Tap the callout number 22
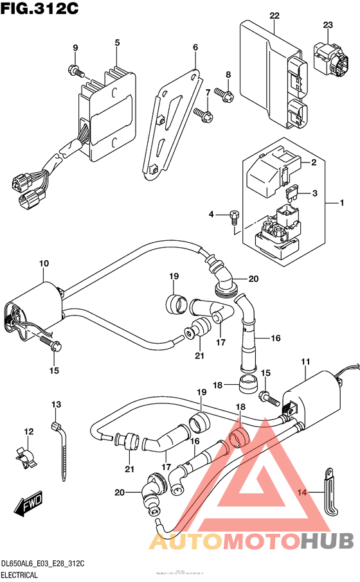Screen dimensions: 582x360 [274, 15]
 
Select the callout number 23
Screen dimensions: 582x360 [328, 25]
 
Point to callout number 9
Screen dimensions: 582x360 [75, 48]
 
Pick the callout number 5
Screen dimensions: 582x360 [117, 43]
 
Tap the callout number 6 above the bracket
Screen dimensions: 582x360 [195, 47]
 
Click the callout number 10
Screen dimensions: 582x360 [44, 264]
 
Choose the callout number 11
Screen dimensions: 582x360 [305, 363]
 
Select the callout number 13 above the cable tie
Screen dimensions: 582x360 [56, 404]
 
